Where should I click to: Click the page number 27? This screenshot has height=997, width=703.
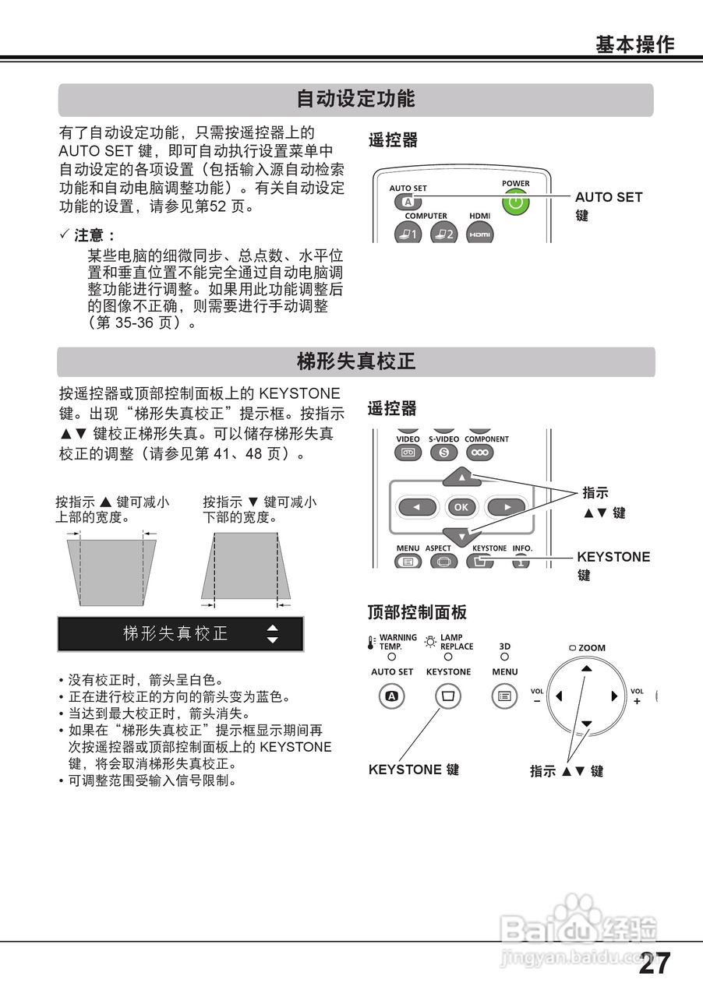[655, 964]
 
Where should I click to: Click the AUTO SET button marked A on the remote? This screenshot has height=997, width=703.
[407, 203]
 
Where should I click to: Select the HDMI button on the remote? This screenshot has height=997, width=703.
[479, 233]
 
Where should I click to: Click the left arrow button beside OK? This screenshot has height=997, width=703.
[418, 507]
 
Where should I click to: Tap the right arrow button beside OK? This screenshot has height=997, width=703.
[506, 507]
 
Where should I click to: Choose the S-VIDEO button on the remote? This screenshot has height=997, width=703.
[443, 453]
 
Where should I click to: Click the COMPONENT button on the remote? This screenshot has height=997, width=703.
[480, 453]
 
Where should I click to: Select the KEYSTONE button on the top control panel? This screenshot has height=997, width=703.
[447, 696]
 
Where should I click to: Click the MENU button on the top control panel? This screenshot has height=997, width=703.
[505, 696]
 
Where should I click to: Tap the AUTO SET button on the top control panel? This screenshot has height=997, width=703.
[392, 696]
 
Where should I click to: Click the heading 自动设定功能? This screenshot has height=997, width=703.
[355, 100]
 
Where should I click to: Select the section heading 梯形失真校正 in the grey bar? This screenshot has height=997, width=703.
[355, 361]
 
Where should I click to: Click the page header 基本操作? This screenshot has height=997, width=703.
[634, 44]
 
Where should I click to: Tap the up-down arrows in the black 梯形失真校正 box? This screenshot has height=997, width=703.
[272, 633]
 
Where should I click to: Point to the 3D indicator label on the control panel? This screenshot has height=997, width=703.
[505, 646]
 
